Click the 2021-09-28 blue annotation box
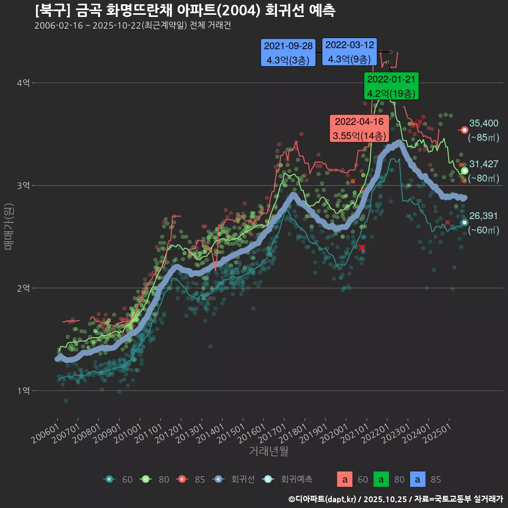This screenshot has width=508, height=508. point(288,53)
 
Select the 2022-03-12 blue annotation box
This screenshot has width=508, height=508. point(349,52)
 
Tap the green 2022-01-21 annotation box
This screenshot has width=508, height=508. point(392,86)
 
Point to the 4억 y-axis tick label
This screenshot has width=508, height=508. point(23,83)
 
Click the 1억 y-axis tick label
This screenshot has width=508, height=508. point(23,391)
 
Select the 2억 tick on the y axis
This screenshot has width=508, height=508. point(23,288)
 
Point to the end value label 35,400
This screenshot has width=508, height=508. point(484,123)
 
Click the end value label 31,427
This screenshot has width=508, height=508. point(484,164)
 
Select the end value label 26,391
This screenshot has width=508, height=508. point(484,216)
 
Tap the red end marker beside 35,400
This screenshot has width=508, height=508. point(465,130)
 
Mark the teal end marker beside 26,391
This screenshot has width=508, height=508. point(465,222)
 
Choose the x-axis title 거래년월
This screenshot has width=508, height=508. point(268,451)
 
